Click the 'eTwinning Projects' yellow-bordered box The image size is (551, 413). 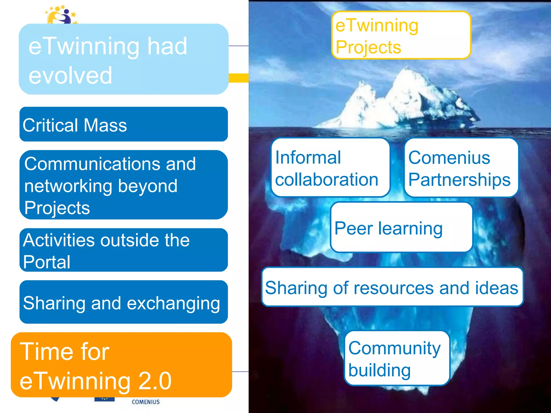tap(401, 35)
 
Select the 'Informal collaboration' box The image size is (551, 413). tap(330, 168)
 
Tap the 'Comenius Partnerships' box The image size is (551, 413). tap(461, 168)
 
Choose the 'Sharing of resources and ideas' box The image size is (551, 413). tap(392, 287)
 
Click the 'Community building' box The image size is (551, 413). tap(397, 358)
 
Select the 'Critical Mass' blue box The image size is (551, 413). tap(123, 124)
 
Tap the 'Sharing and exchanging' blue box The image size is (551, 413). tap(123, 302)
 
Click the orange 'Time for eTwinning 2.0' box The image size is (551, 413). tap(121, 365)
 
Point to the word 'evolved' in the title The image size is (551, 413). tap(70, 76)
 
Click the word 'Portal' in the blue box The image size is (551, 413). tap(47, 262)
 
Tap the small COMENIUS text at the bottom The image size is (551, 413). tap(146, 402)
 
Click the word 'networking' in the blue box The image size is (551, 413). tap(68, 186)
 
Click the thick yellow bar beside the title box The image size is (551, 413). tap(238, 78)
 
